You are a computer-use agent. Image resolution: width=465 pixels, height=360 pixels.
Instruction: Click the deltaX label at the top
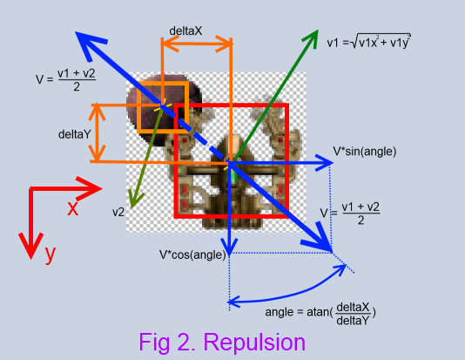(x=185, y=31)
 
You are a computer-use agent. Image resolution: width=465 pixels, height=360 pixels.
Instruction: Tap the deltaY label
(x=74, y=134)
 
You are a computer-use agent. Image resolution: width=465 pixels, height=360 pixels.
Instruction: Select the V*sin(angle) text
(x=365, y=152)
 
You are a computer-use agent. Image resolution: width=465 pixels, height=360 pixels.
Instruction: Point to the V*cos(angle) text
(x=192, y=255)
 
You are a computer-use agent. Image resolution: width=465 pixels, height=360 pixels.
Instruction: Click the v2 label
(x=118, y=212)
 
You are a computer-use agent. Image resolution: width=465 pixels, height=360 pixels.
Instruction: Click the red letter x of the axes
(x=72, y=207)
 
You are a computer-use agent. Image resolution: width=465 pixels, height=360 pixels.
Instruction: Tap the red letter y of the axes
(x=51, y=254)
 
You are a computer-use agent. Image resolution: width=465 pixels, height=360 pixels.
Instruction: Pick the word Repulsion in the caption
(x=254, y=343)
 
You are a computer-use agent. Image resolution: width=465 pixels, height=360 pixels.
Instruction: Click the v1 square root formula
(x=368, y=42)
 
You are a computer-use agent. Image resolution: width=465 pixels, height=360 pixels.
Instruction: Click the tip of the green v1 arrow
(x=318, y=30)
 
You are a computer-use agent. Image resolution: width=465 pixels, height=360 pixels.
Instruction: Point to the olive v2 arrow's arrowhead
(x=135, y=200)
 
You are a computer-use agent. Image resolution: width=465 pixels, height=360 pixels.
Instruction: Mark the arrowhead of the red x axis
(x=90, y=188)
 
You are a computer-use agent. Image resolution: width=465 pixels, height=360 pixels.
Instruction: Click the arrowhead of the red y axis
(x=30, y=246)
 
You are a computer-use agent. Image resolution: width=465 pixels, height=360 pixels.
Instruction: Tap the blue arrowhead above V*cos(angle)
(x=230, y=247)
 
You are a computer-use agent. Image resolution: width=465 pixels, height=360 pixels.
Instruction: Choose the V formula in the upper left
(x=66, y=80)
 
